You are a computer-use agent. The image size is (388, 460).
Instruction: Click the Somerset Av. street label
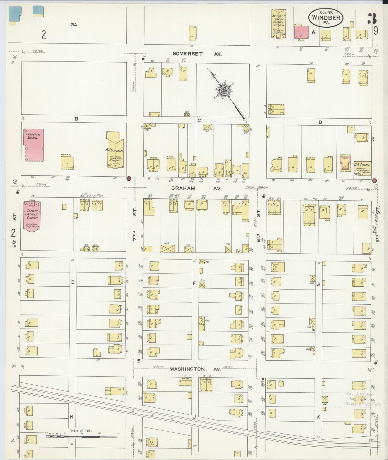click(197, 54)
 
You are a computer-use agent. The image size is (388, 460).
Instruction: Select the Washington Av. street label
click(195, 369)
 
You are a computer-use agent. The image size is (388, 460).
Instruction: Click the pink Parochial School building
click(34, 145)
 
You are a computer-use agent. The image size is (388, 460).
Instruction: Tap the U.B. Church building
click(362, 168)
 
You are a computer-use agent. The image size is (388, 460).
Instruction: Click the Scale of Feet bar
click(82, 437)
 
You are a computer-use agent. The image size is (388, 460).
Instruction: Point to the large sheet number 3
click(372, 18)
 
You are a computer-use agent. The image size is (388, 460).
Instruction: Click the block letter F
click(194, 283)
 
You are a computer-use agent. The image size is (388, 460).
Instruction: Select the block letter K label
click(318, 417)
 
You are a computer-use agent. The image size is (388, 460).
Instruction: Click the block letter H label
click(71, 417)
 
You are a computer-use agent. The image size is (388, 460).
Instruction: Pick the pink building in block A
click(301, 32)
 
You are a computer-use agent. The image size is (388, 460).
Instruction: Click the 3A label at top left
click(74, 25)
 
